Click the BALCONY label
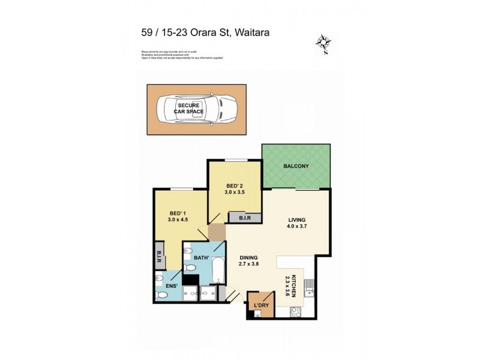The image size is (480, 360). [x=296, y=166]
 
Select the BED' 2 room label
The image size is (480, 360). [x=234, y=190]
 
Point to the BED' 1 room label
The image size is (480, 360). [x=178, y=216]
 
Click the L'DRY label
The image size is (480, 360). [x=260, y=305]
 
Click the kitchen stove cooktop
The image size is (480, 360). [x=296, y=311]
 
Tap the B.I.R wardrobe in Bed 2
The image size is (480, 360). [x=244, y=219]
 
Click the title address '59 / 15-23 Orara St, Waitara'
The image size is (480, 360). [x=205, y=33]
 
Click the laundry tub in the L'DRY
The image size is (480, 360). [x=257, y=314]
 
